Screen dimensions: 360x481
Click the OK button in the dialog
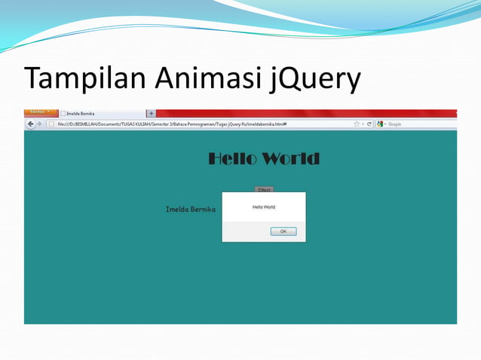pyautogui.click(x=283, y=231)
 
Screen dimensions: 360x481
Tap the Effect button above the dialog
pyautogui.click(x=264, y=190)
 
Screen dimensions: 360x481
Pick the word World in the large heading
pyautogui.click(x=291, y=159)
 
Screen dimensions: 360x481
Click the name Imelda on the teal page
pyautogui.click(x=178, y=209)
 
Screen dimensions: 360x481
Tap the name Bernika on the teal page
pyautogui.click(x=204, y=209)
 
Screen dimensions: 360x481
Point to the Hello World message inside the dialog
pyautogui.click(x=264, y=206)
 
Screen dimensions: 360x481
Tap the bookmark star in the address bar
pyautogui.click(x=357, y=124)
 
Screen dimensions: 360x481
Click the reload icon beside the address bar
pyautogui.click(x=369, y=124)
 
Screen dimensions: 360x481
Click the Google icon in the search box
pyautogui.click(x=381, y=124)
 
